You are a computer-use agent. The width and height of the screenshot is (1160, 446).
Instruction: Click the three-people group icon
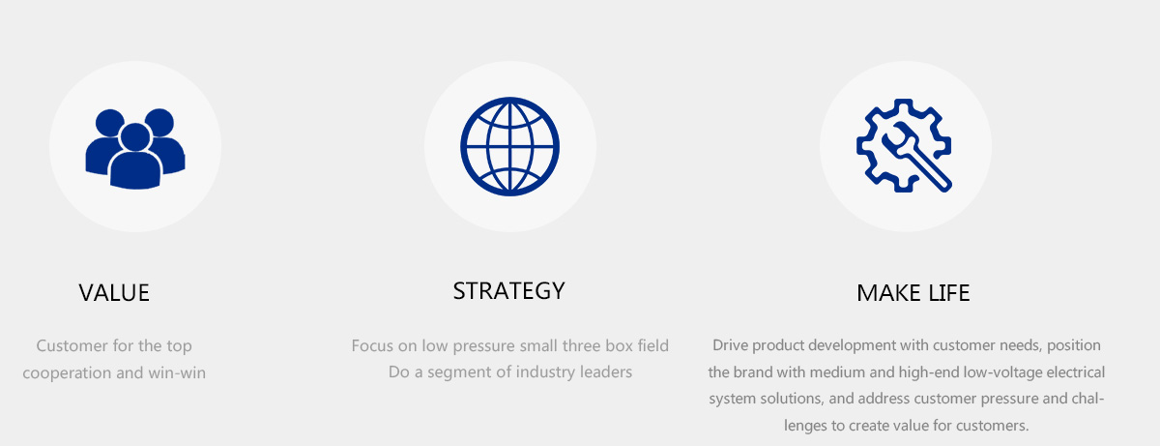[135, 149]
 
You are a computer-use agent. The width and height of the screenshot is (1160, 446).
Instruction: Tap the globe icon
[510, 147]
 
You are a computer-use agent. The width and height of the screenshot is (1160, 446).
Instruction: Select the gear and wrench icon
[904, 145]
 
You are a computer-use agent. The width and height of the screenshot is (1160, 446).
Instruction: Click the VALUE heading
[114, 293]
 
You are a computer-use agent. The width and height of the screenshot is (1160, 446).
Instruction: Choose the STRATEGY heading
[509, 291]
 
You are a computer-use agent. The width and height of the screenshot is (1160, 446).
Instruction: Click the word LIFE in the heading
[948, 293]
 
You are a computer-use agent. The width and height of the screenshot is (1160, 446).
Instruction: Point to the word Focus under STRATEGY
[372, 345]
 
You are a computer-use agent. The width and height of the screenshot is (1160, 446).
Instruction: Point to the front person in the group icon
[135, 157]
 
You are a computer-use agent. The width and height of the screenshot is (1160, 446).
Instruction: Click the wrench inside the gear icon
[917, 157]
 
